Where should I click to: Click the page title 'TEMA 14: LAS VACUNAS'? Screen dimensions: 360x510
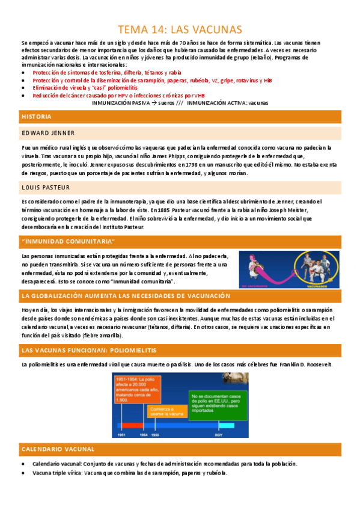point(180,29)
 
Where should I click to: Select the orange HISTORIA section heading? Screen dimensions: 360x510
point(37,117)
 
